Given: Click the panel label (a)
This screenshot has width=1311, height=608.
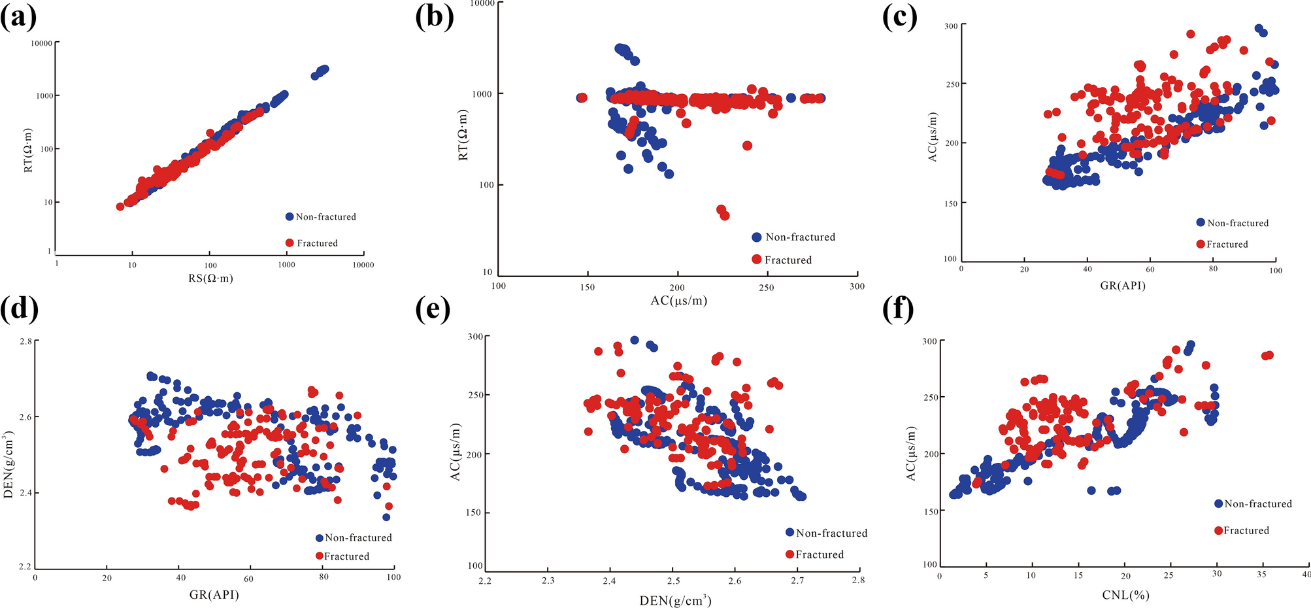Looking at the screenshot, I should [x=18, y=17].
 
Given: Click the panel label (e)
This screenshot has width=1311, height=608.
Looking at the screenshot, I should [x=433, y=309].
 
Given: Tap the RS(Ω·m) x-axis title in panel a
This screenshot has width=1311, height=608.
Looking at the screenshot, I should [x=210, y=279].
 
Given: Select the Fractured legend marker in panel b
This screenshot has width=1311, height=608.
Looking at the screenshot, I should [x=757, y=260].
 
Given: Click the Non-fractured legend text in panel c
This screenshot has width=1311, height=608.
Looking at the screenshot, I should [x=1238, y=223].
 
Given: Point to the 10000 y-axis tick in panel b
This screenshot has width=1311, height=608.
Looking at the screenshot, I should [x=482, y=4].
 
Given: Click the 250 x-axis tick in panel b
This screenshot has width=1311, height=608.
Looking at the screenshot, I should [x=767, y=287].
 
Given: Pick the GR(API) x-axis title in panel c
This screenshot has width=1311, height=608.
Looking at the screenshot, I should [x=1122, y=285].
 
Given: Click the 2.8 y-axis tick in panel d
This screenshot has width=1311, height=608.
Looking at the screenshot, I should [x=24, y=341].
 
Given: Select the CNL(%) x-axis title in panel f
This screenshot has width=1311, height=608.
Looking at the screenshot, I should [x=1125, y=595].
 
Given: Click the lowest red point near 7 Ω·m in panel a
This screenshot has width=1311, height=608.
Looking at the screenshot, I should [x=120, y=207].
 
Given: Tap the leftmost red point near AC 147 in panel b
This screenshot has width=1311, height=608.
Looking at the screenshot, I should [x=582, y=98].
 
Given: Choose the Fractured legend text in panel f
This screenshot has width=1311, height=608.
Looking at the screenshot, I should [x=1246, y=530].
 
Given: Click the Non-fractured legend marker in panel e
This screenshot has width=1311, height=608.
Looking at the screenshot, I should [x=789, y=533].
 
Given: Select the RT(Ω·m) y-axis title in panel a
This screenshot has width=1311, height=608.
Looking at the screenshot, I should [x=28, y=150].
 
